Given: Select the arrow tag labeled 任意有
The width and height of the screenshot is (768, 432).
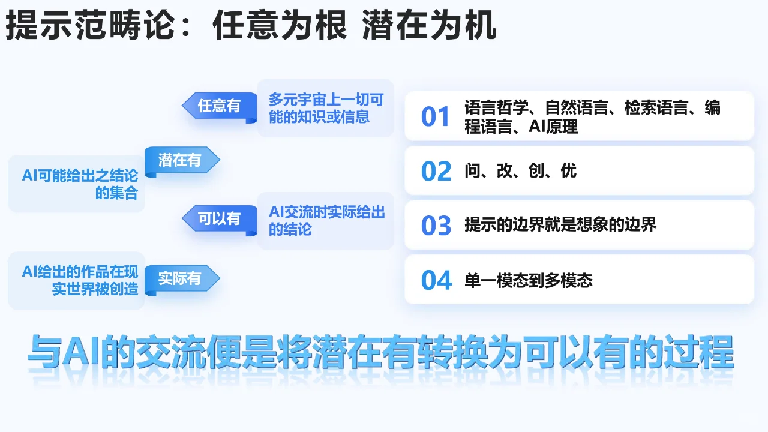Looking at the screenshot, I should [x=220, y=106].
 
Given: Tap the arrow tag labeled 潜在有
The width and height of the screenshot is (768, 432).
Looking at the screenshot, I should [x=180, y=160].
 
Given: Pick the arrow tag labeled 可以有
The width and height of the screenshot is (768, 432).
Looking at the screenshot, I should [x=220, y=219].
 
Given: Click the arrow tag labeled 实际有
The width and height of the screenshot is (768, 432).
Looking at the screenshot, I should [x=180, y=279].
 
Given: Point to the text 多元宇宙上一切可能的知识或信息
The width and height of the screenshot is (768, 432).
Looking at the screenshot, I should [x=325, y=108].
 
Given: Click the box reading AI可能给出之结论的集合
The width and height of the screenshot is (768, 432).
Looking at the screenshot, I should [x=79, y=184].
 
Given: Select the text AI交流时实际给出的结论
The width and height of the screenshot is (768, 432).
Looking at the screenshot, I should [x=326, y=220].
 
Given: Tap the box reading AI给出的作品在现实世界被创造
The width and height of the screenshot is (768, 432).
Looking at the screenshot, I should [x=79, y=280].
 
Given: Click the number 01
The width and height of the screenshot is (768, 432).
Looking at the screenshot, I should [x=436, y=117].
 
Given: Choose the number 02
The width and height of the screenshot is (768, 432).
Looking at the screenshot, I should [x=436, y=172].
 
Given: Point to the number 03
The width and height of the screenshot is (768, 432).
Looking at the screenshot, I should [x=436, y=226].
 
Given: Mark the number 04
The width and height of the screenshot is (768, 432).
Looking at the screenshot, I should [x=436, y=280].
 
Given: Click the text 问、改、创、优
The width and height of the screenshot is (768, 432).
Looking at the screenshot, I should [x=520, y=171].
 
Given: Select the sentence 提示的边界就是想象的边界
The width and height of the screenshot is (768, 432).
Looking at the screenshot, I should [x=560, y=225].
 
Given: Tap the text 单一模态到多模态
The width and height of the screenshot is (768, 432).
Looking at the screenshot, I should [x=528, y=280].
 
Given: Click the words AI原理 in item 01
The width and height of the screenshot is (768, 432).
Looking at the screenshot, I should [x=553, y=127].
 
